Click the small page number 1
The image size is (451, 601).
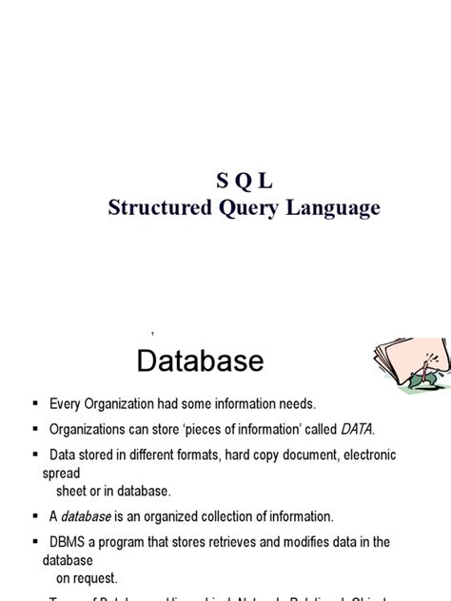(152, 334)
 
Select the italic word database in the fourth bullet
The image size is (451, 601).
(87, 516)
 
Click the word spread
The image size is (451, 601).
(61, 472)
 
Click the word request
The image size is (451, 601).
(96, 576)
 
